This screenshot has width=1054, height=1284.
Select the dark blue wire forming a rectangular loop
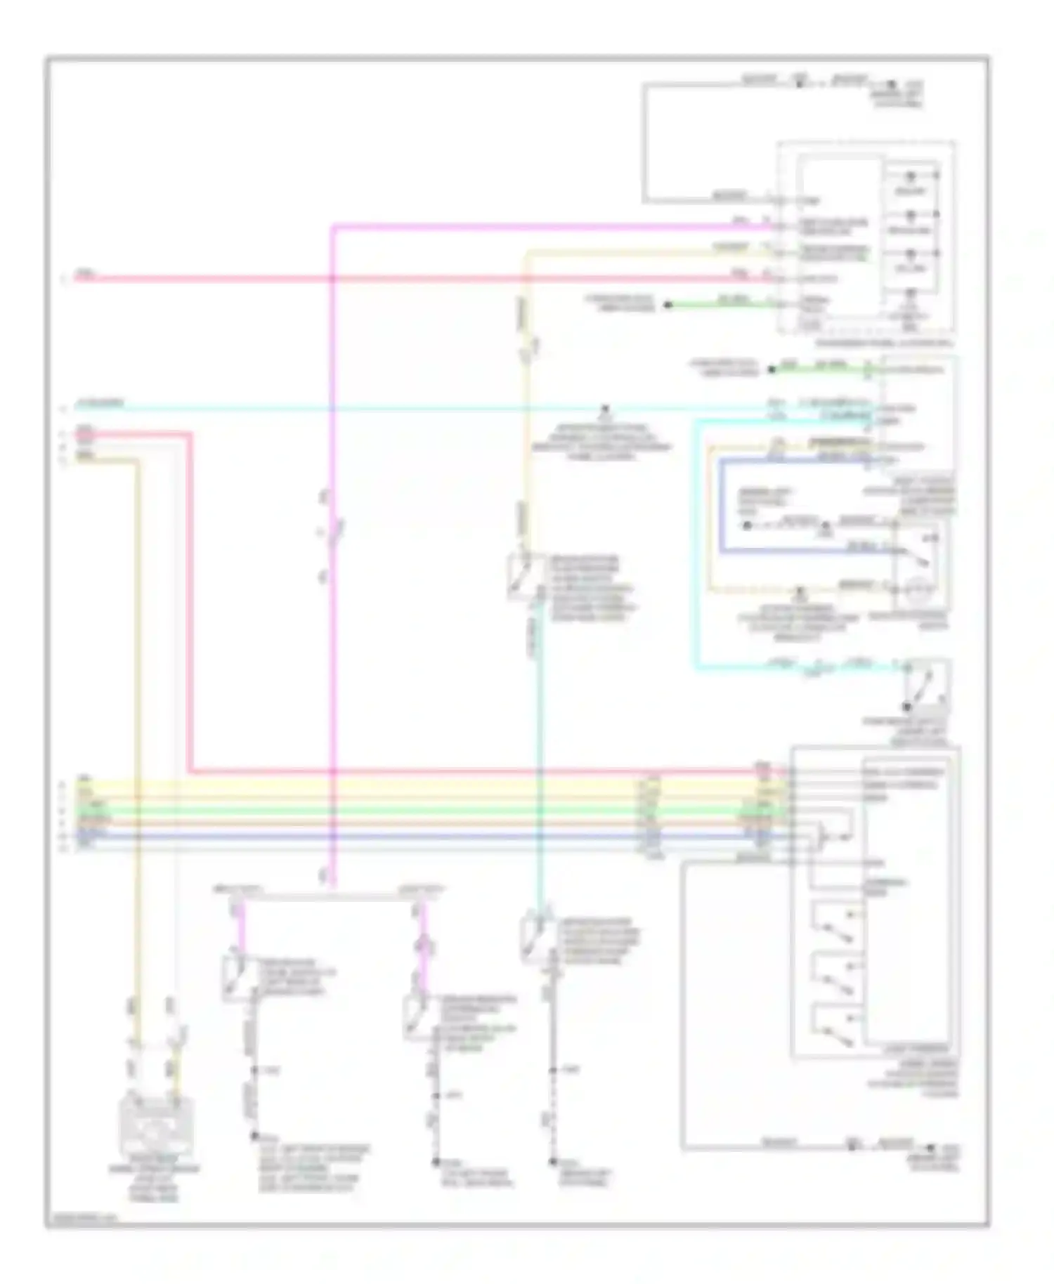click(721, 506)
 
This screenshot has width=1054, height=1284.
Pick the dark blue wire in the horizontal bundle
click(422, 836)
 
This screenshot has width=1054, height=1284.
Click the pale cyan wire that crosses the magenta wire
click(422, 408)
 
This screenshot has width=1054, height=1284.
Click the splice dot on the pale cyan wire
click(605, 408)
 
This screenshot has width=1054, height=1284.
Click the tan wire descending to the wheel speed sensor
click(138, 702)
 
